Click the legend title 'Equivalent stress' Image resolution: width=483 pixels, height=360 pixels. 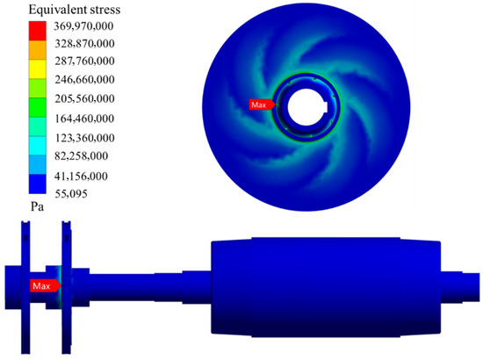[x=75, y=11]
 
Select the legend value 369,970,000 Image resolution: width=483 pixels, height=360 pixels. [x=83, y=26]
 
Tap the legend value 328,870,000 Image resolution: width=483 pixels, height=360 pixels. [x=84, y=44]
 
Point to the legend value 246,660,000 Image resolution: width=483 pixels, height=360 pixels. [x=84, y=79]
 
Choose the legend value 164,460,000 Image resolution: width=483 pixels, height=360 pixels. [x=84, y=119]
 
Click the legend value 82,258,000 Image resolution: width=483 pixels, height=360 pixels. [x=82, y=155]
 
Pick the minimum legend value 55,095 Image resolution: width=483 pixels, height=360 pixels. [x=71, y=194]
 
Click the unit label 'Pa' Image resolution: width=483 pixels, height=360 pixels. [x=37, y=206]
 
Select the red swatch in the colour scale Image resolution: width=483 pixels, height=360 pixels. [x=38, y=31]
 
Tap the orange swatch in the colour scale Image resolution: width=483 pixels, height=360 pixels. [x=38, y=50]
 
